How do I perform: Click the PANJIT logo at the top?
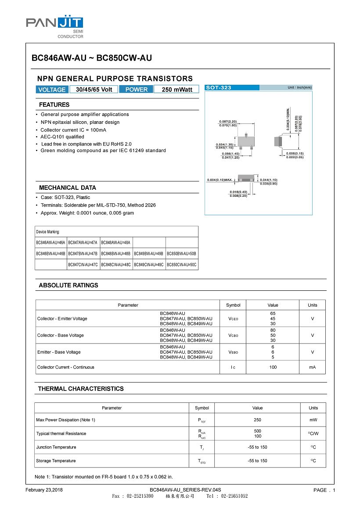point(54,23)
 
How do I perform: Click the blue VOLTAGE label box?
point(52,90)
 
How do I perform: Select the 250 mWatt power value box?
point(177,90)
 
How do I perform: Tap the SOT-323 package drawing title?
point(219,88)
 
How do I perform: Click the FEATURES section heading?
point(54,105)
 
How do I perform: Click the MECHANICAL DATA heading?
point(68,188)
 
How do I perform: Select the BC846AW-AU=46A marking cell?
point(51,242)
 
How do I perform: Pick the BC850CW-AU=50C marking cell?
point(182,265)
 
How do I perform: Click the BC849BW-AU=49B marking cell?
point(149,254)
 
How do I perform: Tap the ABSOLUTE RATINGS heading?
point(68,286)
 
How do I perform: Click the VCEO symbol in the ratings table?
point(233,318)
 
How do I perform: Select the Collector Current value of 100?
point(273,367)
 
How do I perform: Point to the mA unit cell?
point(312,367)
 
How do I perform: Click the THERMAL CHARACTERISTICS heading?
point(81,389)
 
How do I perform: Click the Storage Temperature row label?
point(56,461)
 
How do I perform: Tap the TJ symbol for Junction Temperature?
point(202,447)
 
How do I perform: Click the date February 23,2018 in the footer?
point(44,490)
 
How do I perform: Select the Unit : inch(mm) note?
point(299,88)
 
